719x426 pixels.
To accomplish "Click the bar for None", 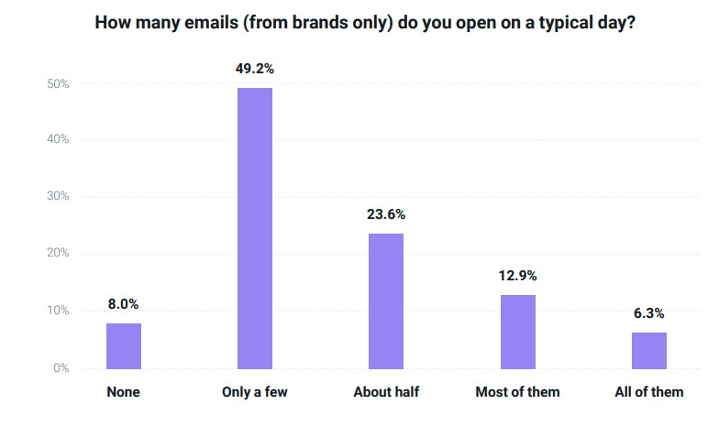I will (124, 345).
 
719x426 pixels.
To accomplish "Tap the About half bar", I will (386, 300).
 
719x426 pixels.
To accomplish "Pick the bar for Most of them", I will (517, 331).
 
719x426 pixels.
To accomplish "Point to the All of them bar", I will (648, 350).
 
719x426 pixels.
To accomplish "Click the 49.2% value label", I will (255, 67).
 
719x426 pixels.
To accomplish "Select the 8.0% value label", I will (124, 304).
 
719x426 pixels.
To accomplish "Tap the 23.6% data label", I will (386, 214).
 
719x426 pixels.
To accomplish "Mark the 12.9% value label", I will (517, 275).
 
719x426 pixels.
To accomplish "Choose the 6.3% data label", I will (648, 313).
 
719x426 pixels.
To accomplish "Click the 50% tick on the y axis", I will (58, 84).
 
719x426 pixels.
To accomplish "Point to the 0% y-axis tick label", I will (61, 368).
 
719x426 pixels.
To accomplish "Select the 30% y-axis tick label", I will (58, 197).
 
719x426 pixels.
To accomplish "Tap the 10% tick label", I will (58, 311).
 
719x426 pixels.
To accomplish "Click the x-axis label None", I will (124, 392).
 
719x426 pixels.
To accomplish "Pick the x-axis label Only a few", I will (255, 392).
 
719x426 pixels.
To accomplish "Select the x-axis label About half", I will (386, 392).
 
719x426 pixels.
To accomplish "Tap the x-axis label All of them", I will (648, 392).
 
